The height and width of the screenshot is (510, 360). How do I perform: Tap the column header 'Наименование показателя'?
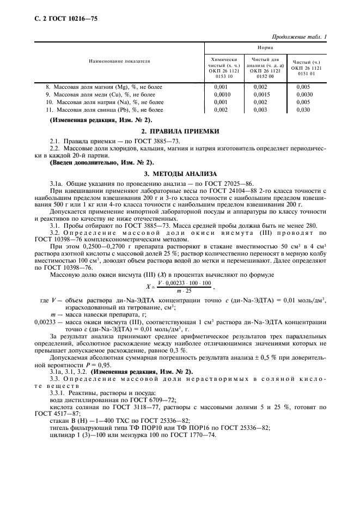coord(119,62)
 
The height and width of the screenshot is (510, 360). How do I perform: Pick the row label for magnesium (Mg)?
coord(104,87)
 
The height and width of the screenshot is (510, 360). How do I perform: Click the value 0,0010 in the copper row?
coord(222,94)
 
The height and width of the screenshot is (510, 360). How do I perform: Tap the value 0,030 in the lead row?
coord(304,110)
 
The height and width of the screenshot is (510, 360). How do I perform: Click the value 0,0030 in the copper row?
coord(304,94)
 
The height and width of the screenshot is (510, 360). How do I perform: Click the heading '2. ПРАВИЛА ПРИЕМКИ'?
coord(180,131)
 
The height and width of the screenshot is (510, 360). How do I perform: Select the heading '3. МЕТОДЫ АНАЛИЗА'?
coord(180,173)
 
